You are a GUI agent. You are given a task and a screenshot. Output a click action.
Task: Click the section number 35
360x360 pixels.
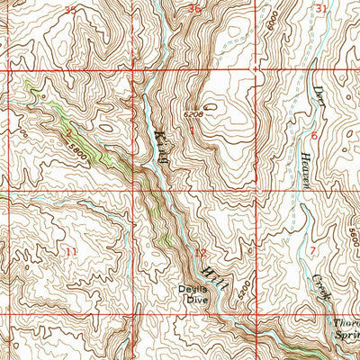[x=71, y=9]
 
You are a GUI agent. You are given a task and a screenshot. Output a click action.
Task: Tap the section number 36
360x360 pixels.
[x=195, y=9]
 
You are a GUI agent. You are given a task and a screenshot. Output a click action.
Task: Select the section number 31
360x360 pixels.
[x=322, y=8]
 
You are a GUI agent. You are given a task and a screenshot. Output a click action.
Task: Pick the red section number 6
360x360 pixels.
[x=314, y=133]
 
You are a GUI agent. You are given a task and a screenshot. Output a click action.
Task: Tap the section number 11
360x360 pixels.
[x=71, y=251]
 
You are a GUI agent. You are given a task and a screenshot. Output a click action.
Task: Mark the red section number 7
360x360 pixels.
[x=312, y=248]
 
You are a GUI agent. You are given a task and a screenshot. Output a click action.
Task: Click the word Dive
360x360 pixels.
[x=197, y=301]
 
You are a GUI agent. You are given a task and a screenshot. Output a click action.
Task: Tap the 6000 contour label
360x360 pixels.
[x=272, y=19]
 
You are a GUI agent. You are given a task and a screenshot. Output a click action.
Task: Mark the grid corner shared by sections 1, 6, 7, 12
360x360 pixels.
[x=257, y=192]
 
